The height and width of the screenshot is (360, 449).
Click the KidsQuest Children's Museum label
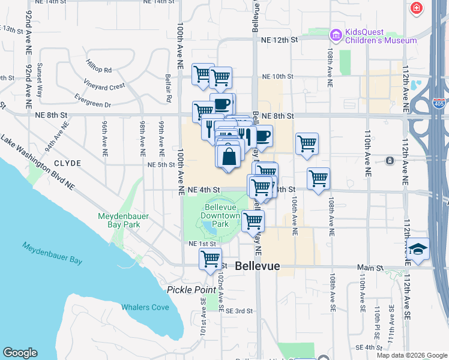(380, 36)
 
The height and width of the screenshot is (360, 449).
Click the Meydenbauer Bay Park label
(119, 220)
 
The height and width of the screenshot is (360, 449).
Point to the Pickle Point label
(191, 290)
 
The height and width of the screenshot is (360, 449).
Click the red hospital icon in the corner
(415, 9)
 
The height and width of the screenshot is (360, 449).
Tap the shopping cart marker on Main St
(210, 259)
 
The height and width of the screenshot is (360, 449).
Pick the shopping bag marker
(229, 157)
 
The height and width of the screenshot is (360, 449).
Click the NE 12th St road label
(280, 40)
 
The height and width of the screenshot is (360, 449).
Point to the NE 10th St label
(277, 76)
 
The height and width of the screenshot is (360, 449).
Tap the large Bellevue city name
(258, 266)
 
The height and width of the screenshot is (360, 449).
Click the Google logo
(20, 353)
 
